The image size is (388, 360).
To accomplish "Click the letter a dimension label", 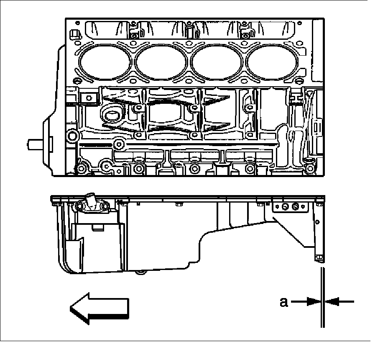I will tap(284, 301).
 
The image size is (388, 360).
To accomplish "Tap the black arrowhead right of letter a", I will tap(314, 301).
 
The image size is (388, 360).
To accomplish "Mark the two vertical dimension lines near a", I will tap(322, 297).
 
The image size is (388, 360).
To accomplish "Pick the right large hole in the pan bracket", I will tap(296, 206).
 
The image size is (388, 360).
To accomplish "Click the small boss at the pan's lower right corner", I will tap(319, 257).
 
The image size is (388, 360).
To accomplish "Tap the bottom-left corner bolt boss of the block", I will tap(82, 169).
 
